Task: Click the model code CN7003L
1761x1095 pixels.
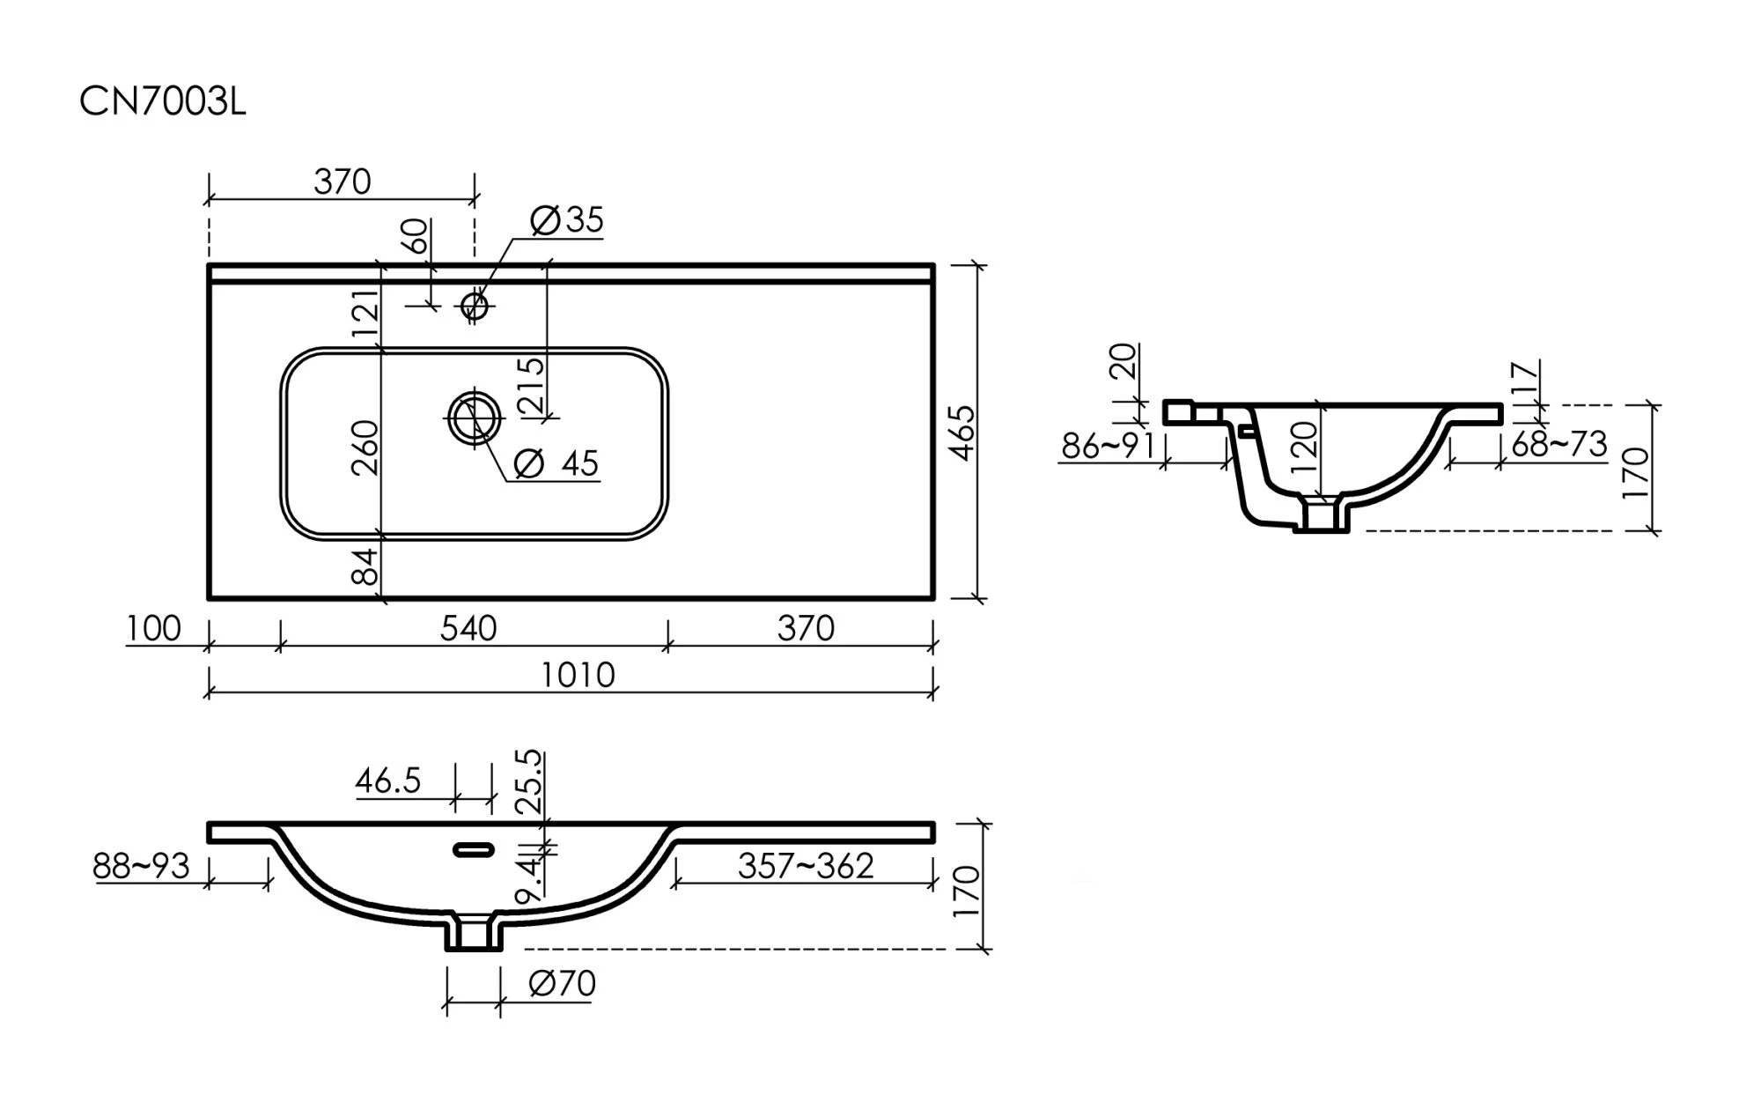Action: click(x=163, y=102)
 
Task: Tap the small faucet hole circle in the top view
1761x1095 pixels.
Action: click(x=475, y=306)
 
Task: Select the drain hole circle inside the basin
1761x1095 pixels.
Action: click(x=475, y=418)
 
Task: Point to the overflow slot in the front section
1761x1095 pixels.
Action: click(x=474, y=850)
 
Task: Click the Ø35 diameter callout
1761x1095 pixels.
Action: click(x=568, y=219)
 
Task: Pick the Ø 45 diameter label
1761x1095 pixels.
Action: click(x=556, y=462)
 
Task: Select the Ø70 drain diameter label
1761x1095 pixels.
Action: click(x=563, y=983)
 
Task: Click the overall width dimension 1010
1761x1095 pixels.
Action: click(x=578, y=675)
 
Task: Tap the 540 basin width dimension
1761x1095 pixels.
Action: click(x=468, y=628)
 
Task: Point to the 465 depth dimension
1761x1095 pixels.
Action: click(x=963, y=433)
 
